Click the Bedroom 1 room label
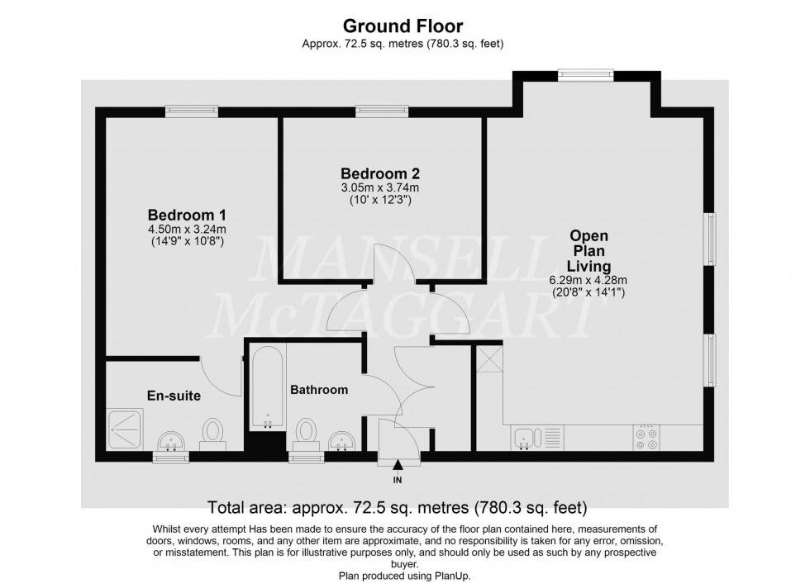[186, 213]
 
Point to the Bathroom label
[318, 390]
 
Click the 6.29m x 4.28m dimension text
[588, 279]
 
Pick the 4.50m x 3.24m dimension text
[186, 229]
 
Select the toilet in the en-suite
[213, 432]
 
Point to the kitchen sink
[525, 437]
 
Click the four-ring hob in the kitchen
[646, 437]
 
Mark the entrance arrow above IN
[398, 466]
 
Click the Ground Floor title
[403, 26]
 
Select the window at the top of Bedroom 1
[191, 111]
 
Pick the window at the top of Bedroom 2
[383, 111]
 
